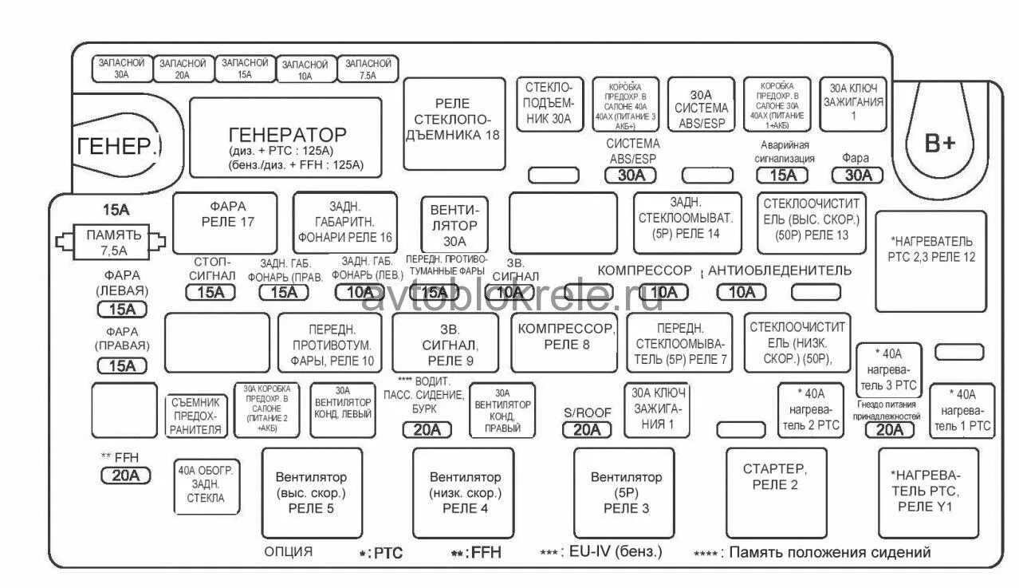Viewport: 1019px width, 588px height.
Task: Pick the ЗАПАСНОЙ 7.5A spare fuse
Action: point(368,69)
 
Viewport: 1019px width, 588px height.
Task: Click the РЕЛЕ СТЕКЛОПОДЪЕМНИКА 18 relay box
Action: point(453,124)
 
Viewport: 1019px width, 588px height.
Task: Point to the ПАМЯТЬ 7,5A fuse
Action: point(115,241)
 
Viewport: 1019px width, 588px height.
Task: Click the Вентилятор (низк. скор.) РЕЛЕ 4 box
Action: point(464,493)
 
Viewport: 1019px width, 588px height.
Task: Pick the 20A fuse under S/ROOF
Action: point(586,430)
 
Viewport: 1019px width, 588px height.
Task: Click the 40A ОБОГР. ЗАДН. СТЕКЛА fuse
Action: point(206,485)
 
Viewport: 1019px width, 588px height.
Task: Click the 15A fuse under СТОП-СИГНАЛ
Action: point(210,292)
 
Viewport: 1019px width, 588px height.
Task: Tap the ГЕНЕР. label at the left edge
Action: point(118,147)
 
